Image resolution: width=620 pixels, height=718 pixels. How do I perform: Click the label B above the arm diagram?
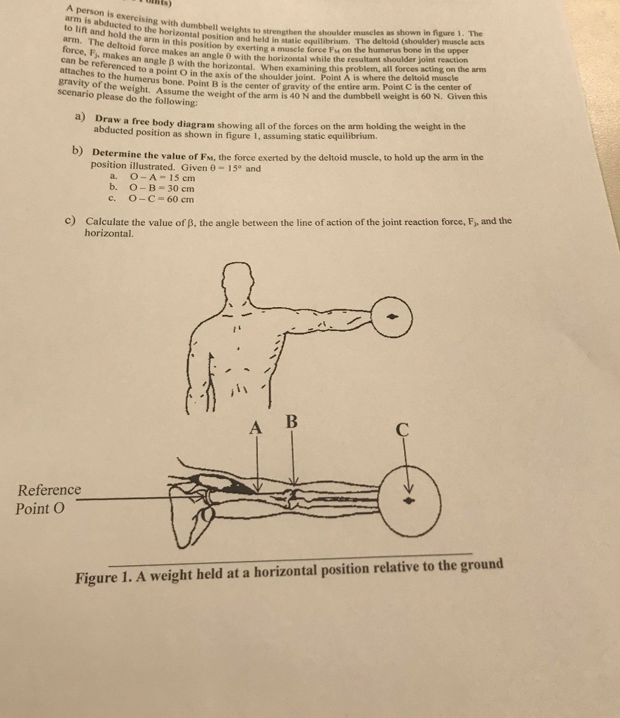coord(292,422)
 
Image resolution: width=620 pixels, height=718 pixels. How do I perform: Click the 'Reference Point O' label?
coord(48,499)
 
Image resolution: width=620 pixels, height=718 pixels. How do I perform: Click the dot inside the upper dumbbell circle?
coord(396,316)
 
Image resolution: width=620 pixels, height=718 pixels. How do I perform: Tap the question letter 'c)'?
coord(70,221)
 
